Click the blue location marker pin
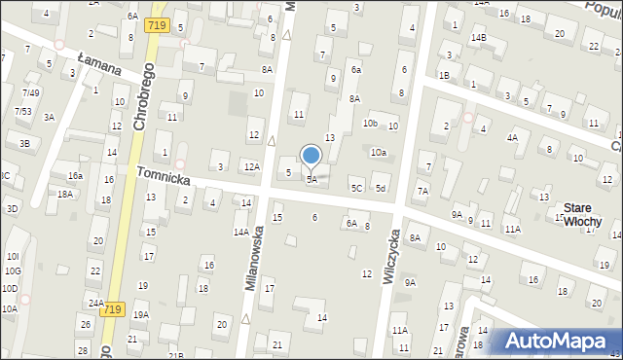[x=311, y=156]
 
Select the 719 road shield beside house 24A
[x=114, y=308]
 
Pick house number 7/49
[x=31, y=92]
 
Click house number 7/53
[x=21, y=112]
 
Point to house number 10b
[x=370, y=124]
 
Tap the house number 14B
[x=478, y=38]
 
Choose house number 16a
[x=75, y=176]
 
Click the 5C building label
[x=356, y=188]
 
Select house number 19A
[x=141, y=315]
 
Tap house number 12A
[x=251, y=167]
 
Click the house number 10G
[x=11, y=272]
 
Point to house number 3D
[x=12, y=209]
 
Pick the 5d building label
[x=381, y=188]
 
